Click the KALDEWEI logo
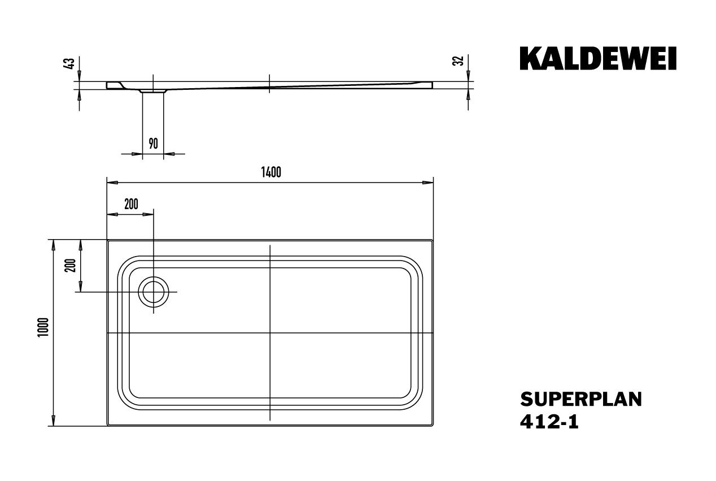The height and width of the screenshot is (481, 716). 597,58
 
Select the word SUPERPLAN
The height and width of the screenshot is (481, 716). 580,399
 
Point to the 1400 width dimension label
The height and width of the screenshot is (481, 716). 271,172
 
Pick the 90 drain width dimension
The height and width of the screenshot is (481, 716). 153,143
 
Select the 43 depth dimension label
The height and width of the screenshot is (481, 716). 70,63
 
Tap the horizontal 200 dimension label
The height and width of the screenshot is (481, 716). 131,205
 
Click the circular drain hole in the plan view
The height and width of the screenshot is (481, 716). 153,292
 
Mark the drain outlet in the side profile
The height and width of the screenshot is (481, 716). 153,90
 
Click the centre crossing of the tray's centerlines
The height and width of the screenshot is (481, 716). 270,333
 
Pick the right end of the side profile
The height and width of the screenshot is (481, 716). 431,85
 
